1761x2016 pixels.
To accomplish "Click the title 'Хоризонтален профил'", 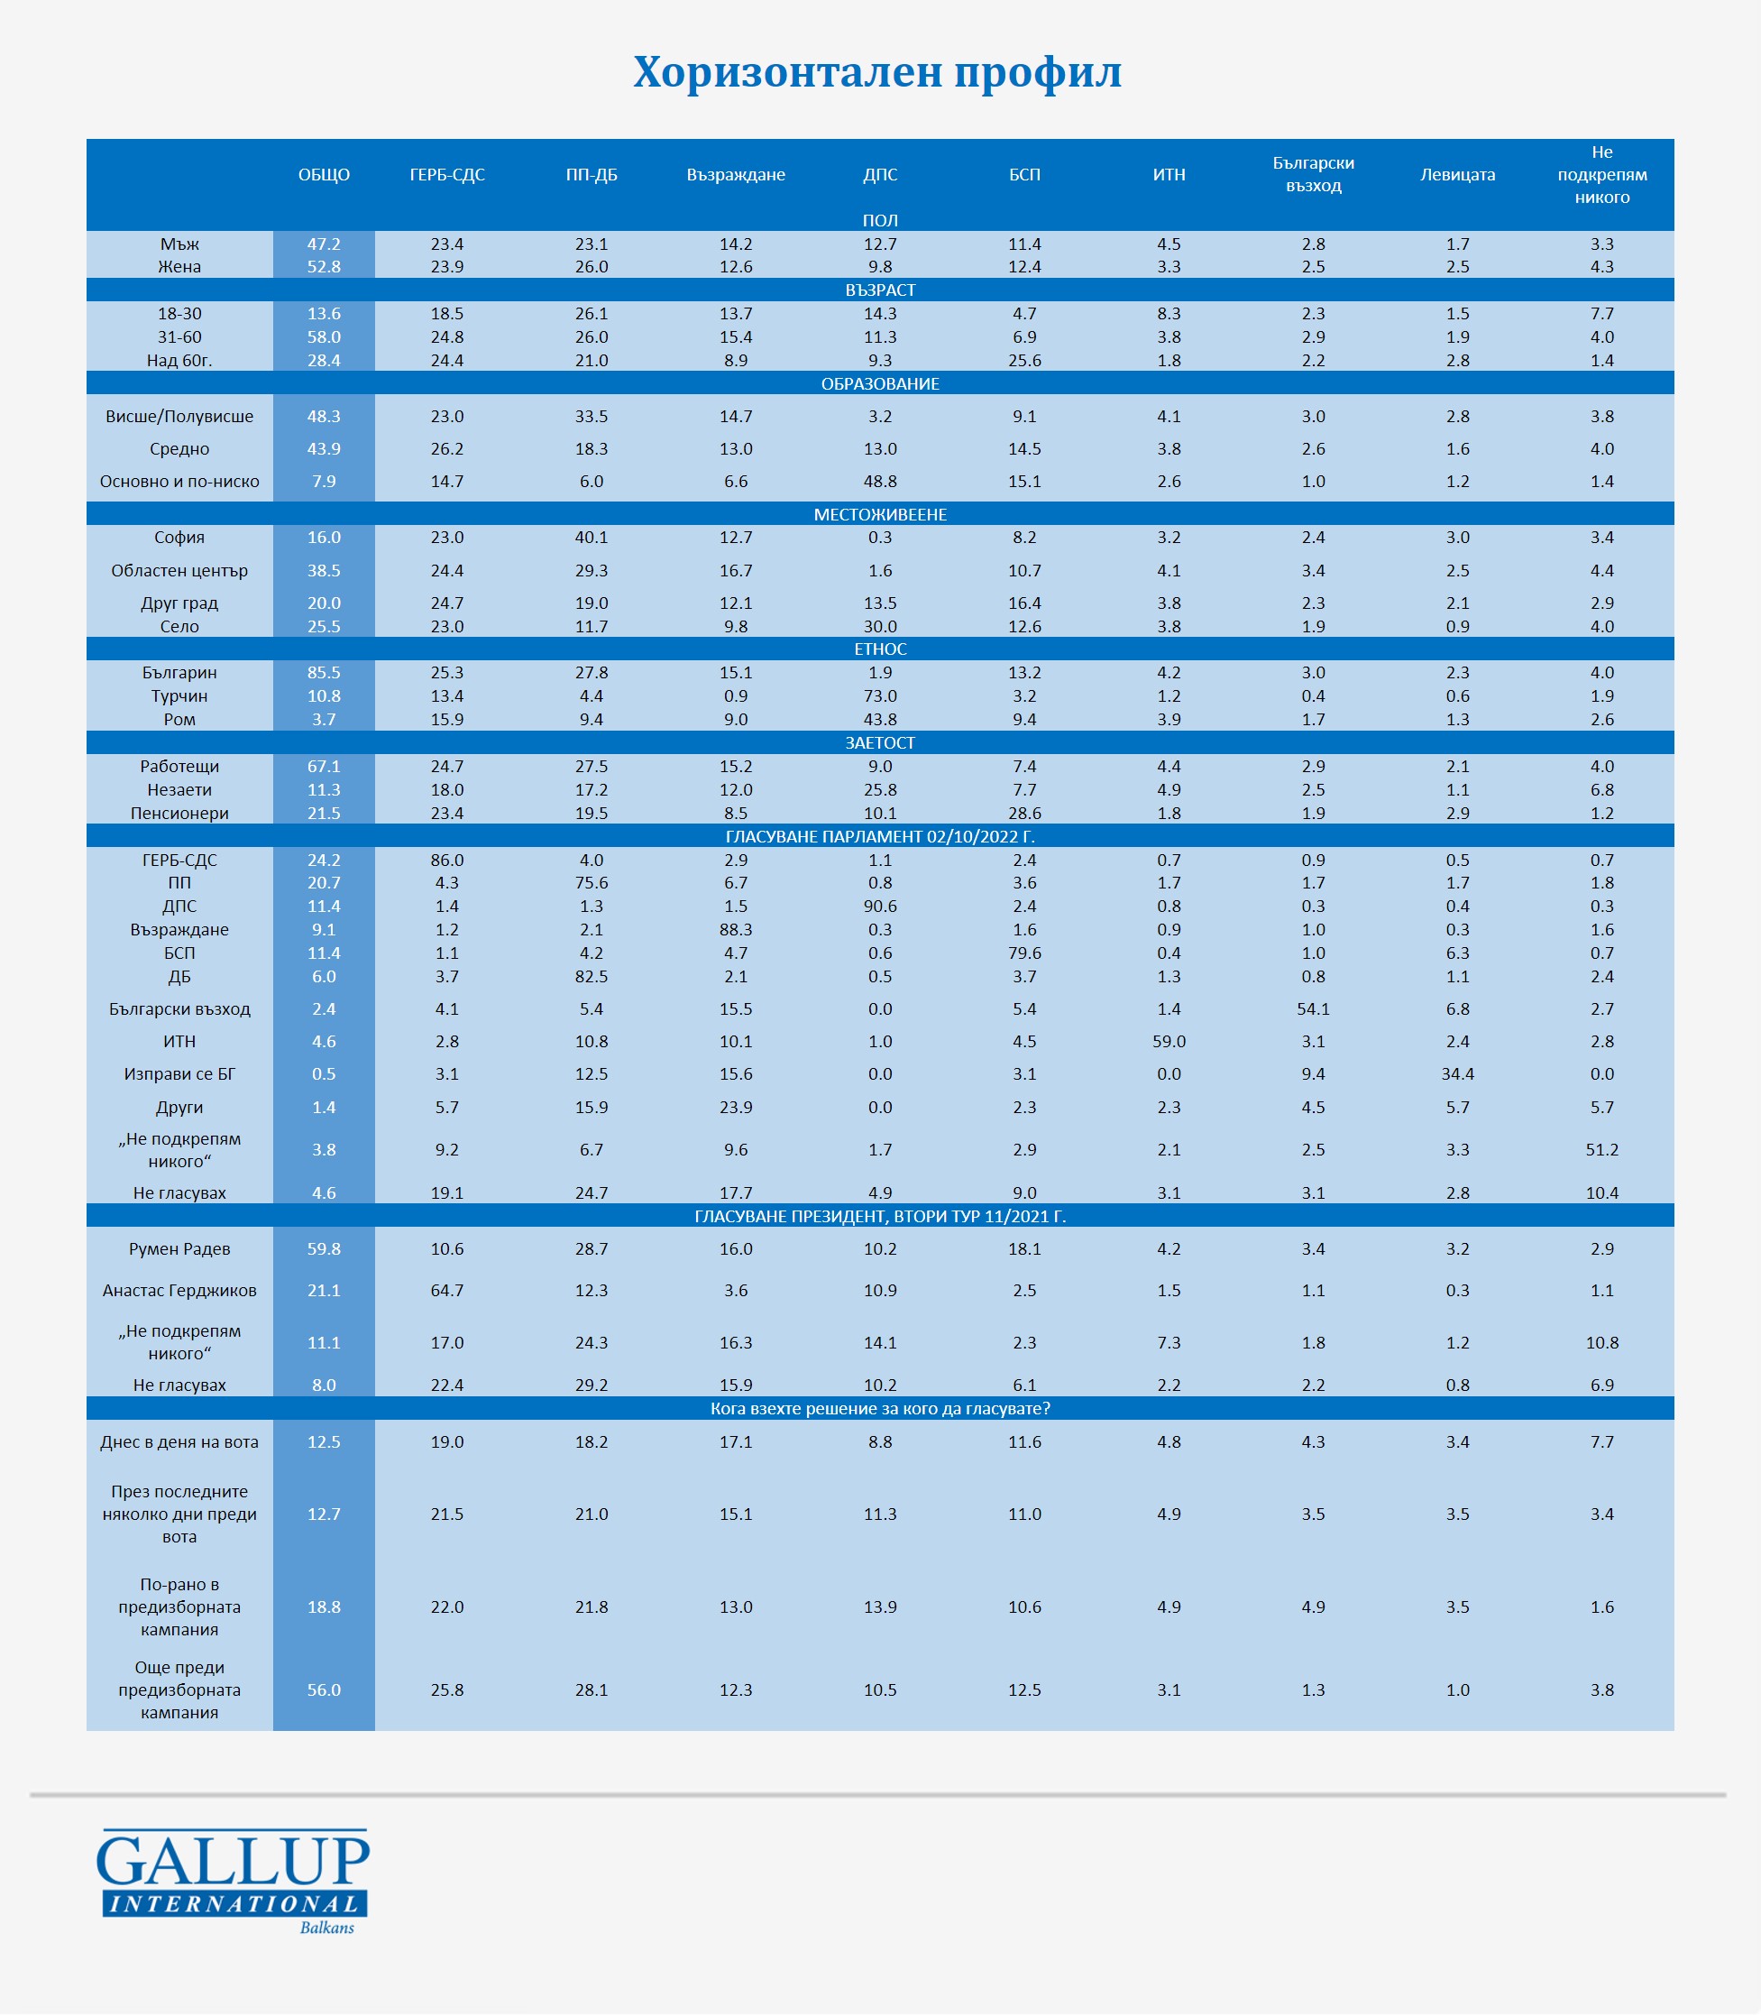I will point(876,73).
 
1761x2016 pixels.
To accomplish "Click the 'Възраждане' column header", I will point(735,175).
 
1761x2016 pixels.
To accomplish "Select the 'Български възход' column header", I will point(1313,175).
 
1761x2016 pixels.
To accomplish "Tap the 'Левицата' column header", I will point(1457,175).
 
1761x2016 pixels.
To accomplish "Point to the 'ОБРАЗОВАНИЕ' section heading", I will point(879,384).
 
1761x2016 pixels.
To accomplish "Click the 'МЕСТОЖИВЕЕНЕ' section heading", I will point(879,515).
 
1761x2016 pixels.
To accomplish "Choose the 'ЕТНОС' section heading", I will point(879,649).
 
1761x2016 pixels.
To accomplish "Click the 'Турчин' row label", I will point(179,696).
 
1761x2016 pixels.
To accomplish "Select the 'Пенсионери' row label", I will point(179,814).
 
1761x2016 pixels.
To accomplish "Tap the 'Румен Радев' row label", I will point(179,1249).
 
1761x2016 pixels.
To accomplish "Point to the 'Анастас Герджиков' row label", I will point(179,1291).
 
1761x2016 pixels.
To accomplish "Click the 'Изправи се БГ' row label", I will point(179,1074).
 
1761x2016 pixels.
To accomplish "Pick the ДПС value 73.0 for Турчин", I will point(879,696).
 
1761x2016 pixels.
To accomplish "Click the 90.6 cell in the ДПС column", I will point(879,907).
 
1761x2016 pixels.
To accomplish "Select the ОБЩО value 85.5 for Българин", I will point(324,673).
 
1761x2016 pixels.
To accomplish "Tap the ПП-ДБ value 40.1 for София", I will point(592,538).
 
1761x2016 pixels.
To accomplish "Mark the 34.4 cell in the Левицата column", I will point(1457,1074).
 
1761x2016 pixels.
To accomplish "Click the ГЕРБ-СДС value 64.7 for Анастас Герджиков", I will point(447,1291).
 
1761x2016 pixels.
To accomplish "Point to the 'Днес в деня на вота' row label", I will point(179,1443).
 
